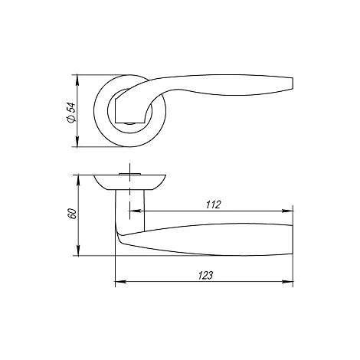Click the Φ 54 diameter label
pos(70,113)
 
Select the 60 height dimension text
pos(72,214)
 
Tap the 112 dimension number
pos(213,205)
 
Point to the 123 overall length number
pos(205,276)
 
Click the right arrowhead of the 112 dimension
pos(287,211)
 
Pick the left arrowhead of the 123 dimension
pos(120,282)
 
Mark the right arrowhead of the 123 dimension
pos(287,282)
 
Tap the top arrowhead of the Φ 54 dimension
pos(77,80)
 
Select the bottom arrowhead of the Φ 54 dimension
pos(77,142)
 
